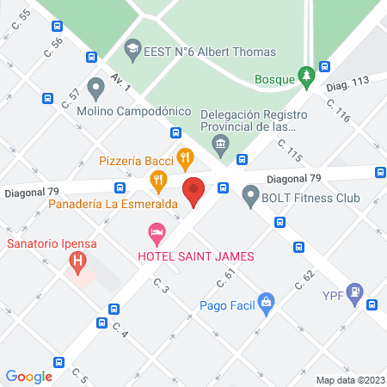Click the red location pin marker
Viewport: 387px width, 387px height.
194,191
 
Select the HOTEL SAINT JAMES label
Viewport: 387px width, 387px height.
195,256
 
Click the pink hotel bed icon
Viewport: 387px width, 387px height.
157,232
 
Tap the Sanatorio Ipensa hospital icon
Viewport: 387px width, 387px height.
78,259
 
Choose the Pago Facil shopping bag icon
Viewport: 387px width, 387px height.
267,303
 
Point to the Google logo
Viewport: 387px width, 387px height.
29,376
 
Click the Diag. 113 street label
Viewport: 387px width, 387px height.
347,82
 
